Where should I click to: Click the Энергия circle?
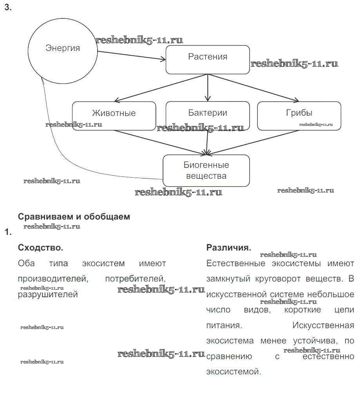click(63, 49)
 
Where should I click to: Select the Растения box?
click(208, 59)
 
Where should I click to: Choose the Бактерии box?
click(208, 115)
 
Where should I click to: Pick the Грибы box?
click(299, 115)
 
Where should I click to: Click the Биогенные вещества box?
click(206, 171)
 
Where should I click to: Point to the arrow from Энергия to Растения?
click(131, 56)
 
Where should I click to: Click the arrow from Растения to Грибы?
click(255, 88)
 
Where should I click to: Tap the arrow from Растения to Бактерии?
click(208, 88)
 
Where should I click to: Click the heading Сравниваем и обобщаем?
click(74, 216)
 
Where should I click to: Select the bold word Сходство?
click(40, 248)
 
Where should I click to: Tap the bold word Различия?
click(228, 248)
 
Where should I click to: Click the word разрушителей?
click(48, 294)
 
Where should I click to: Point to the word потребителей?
click(135, 279)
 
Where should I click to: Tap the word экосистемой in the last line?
click(233, 371)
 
